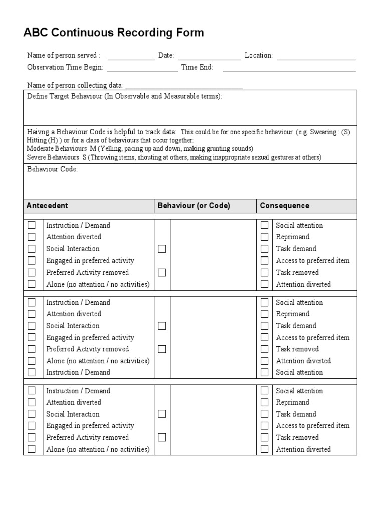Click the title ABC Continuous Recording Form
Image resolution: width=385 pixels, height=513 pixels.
point(113,33)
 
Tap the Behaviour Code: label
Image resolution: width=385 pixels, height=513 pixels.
point(52,169)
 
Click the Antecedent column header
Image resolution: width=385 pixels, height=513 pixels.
point(47,206)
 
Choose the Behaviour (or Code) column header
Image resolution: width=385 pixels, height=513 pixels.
point(194,206)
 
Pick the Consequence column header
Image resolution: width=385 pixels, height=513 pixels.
point(284,206)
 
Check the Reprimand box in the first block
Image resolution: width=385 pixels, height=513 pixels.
point(264,237)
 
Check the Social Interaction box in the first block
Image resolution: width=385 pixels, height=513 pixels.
point(32,249)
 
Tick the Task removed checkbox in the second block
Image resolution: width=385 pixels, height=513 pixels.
point(264,349)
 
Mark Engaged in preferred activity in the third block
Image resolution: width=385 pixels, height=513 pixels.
point(32,426)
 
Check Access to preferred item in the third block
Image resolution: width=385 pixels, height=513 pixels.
point(264,426)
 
